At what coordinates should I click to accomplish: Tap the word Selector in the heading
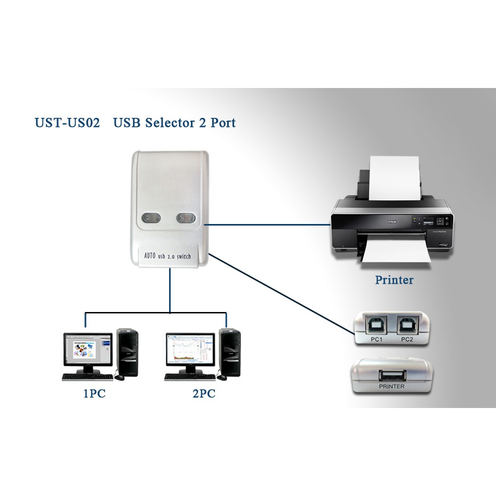point(163,123)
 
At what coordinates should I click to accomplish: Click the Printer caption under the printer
point(394,279)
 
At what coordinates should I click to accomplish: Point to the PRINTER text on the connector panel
point(391,387)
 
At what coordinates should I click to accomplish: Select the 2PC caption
point(202,395)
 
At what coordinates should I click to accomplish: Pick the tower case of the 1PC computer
point(127,353)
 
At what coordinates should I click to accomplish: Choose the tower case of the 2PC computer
point(230,353)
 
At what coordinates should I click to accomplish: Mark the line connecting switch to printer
point(267,225)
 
